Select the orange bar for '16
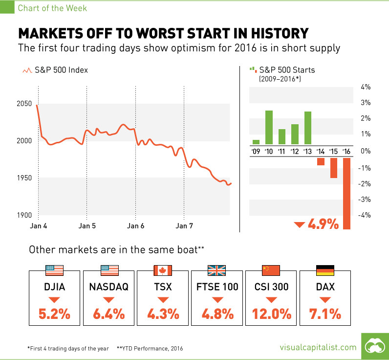click(x=346, y=193)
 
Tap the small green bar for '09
click(x=256, y=142)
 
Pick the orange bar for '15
click(x=334, y=167)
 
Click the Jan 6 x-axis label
click(x=135, y=226)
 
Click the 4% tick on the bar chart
click(x=366, y=87)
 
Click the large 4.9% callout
click(x=323, y=225)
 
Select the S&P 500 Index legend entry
click(x=56, y=70)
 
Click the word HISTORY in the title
click(x=268, y=33)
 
